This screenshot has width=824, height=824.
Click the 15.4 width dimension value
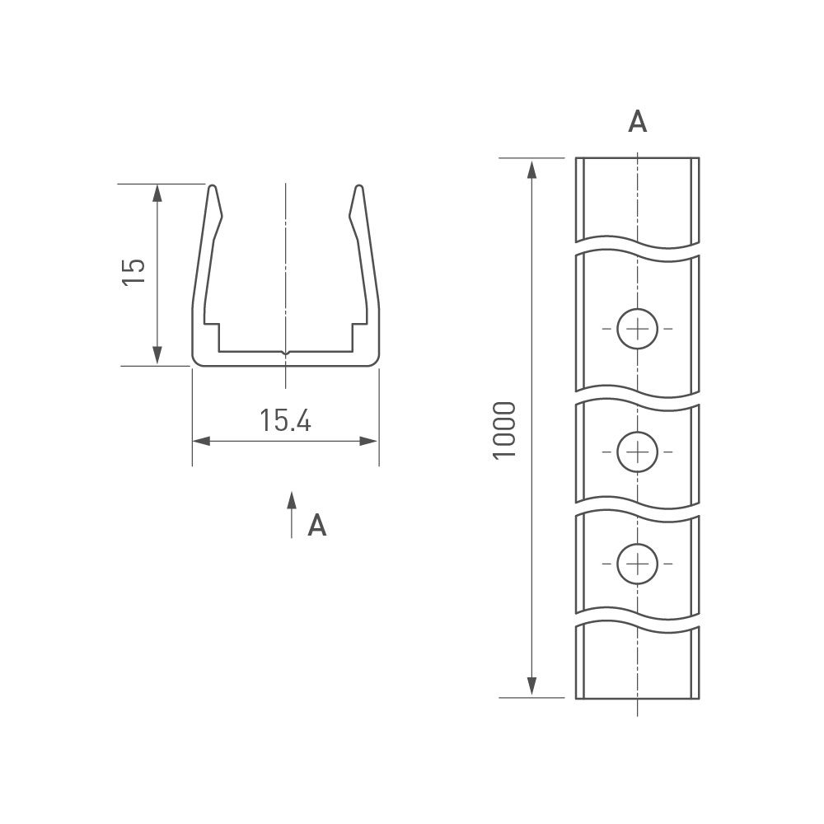click(x=285, y=420)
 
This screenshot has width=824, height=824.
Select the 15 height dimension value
click(x=133, y=272)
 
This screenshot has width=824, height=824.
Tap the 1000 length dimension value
click(x=504, y=430)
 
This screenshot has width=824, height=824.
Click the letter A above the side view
click(x=638, y=121)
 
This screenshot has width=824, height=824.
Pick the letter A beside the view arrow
click(x=317, y=525)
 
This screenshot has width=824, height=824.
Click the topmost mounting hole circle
click(x=638, y=329)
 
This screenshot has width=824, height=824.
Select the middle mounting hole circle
click(x=638, y=452)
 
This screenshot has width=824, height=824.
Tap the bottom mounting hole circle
click(x=638, y=564)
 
